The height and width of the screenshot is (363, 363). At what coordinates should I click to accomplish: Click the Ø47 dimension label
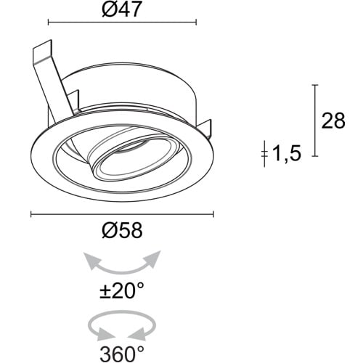(x=121, y=10)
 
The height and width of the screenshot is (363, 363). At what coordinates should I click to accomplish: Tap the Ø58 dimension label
(x=121, y=231)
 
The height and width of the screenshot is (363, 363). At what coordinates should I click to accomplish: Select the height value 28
(x=334, y=121)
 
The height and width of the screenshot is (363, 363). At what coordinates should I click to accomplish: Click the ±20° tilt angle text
(x=121, y=292)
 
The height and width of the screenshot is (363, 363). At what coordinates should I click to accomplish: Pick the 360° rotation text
(x=121, y=354)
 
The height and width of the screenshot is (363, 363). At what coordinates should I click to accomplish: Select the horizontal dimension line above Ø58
(x=121, y=214)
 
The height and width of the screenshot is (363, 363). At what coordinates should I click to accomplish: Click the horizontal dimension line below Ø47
(x=121, y=23)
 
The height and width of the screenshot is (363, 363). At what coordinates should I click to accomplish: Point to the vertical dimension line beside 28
(x=314, y=121)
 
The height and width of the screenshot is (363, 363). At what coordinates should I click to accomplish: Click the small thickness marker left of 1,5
(x=265, y=153)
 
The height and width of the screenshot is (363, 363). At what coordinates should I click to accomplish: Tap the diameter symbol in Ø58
(x=107, y=231)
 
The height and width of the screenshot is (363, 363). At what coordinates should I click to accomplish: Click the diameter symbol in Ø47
(x=107, y=10)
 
